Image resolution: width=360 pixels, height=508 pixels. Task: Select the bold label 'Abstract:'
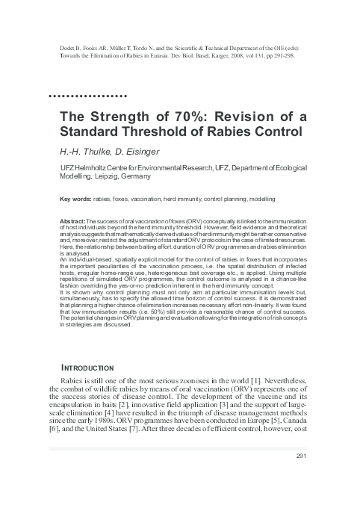click(73, 223)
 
